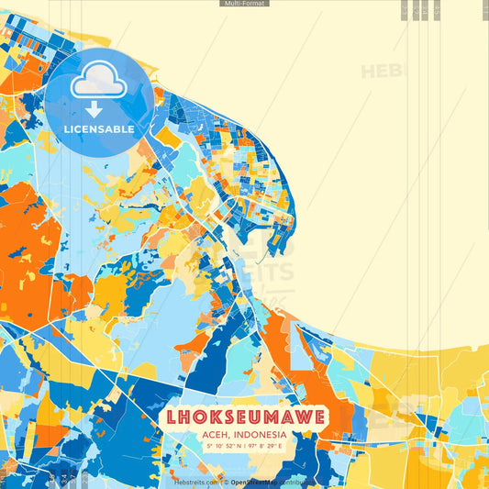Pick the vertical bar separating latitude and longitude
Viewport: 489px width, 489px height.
pos(243,447)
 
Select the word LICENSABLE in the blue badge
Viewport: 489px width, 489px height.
pos(99,129)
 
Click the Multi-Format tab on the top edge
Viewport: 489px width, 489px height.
pos(244,4)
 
